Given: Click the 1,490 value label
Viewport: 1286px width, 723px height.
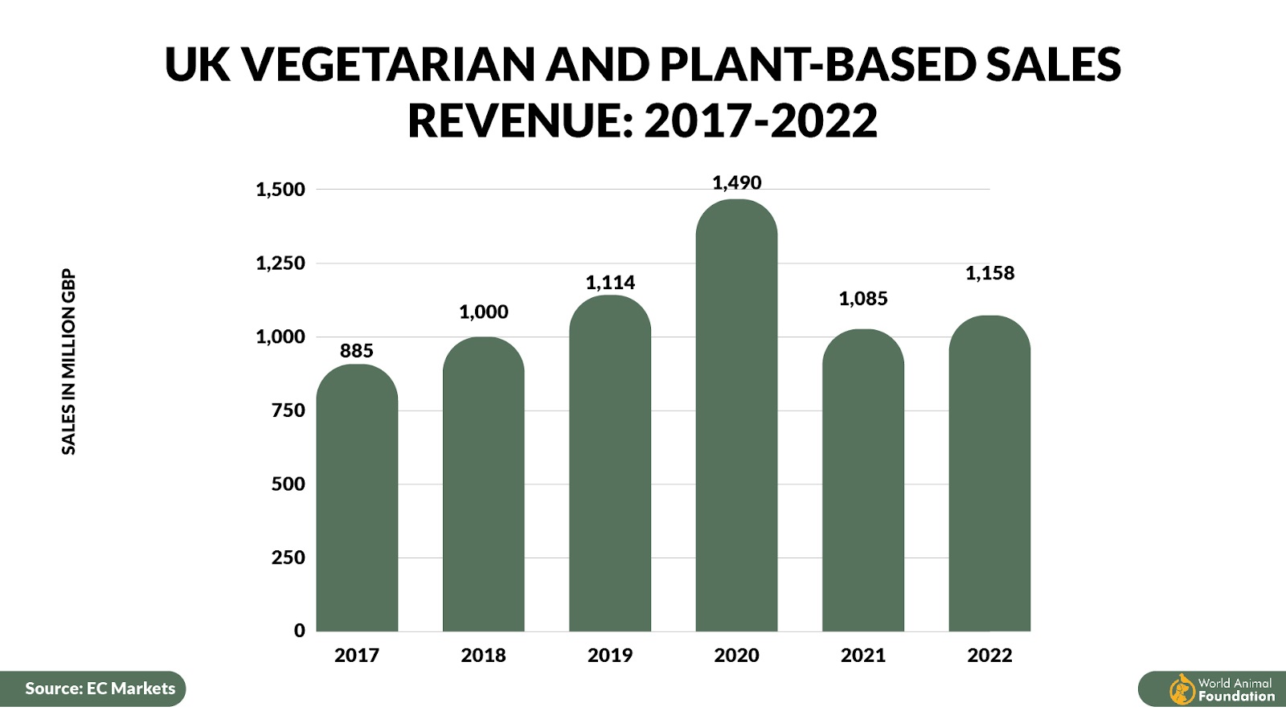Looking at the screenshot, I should (736, 183).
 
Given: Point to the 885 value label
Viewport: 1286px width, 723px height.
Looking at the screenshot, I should (357, 351).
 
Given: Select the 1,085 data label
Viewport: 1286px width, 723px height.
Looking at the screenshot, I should (863, 299).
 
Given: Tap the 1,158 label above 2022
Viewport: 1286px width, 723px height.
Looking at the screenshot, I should (989, 273).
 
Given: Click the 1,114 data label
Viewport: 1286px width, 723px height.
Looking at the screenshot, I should (610, 283).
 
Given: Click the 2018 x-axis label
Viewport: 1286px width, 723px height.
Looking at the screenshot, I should (483, 656).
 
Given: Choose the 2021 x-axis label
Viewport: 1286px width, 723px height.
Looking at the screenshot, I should (863, 656).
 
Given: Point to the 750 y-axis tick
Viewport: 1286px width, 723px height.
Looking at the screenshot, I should (289, 411).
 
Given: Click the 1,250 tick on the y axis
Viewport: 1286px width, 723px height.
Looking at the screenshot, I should (281, 263).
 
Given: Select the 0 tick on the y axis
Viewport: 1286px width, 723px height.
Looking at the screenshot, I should (300, 631).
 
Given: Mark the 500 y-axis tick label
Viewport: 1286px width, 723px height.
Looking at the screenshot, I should (289, 484).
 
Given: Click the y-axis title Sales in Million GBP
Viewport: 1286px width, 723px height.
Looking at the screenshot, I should (69, 361).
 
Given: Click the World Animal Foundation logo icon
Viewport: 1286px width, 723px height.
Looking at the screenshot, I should (1182, 689).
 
